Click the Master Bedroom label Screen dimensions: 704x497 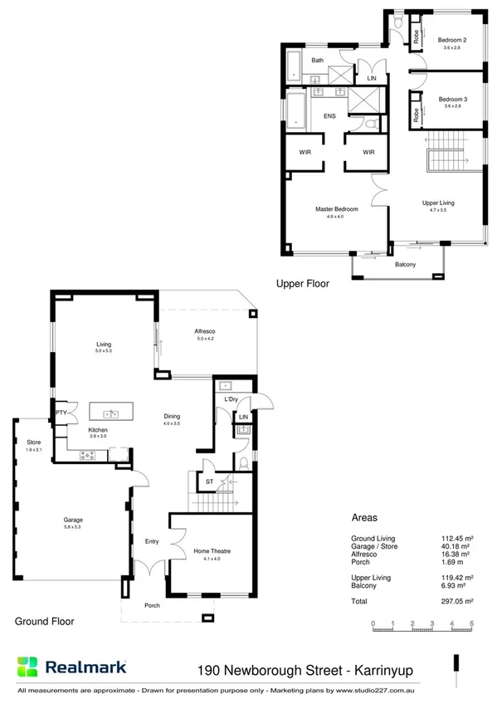[x=336, y=209]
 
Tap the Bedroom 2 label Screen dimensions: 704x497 [x=452, y=40]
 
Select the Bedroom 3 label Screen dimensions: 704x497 [x=452, y=99]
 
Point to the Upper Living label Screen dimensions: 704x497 [x=437, y=203]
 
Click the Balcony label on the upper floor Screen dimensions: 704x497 [x=405, y=265]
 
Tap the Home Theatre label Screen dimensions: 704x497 [x=213, y=550]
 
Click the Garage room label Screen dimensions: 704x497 [x=73, y=521]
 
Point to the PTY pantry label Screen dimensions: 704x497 [x=61, y=413]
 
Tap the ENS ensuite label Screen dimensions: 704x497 [x=329, y=117]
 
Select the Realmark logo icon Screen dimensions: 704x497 [x=27, y=667]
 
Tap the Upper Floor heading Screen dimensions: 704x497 [x=302, y=284]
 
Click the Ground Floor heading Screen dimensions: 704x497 [x=45, y=621]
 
